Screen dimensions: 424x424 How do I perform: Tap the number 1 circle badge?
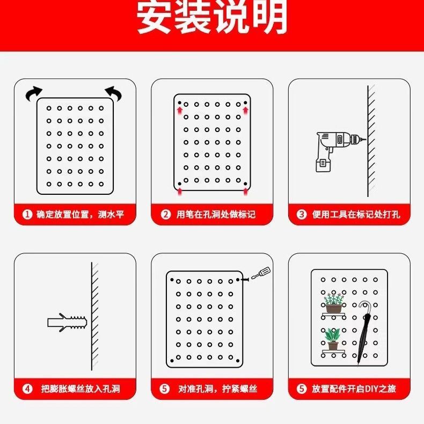(x=27, y=215)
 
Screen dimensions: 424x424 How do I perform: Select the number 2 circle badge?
(x=165, y=215)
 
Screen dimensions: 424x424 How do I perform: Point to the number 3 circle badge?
(x=301, y=215)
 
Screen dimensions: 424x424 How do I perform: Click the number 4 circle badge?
(x=27, y=389)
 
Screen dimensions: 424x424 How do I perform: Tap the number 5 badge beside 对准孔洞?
(x=164, y=389)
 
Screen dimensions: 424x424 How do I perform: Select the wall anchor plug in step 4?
(x=67, y=323)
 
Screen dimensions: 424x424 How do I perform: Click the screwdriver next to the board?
(x=261, y=273)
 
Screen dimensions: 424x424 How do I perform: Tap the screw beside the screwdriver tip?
(x=245, y=280)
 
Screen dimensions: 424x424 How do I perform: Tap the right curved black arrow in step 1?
(x=114, y=93)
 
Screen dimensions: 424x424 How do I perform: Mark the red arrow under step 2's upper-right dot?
(x=245, y=111)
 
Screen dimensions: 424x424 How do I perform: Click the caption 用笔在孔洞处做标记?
(x=216, y=215)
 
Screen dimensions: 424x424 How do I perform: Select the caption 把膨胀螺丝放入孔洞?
(x=81, y=389)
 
